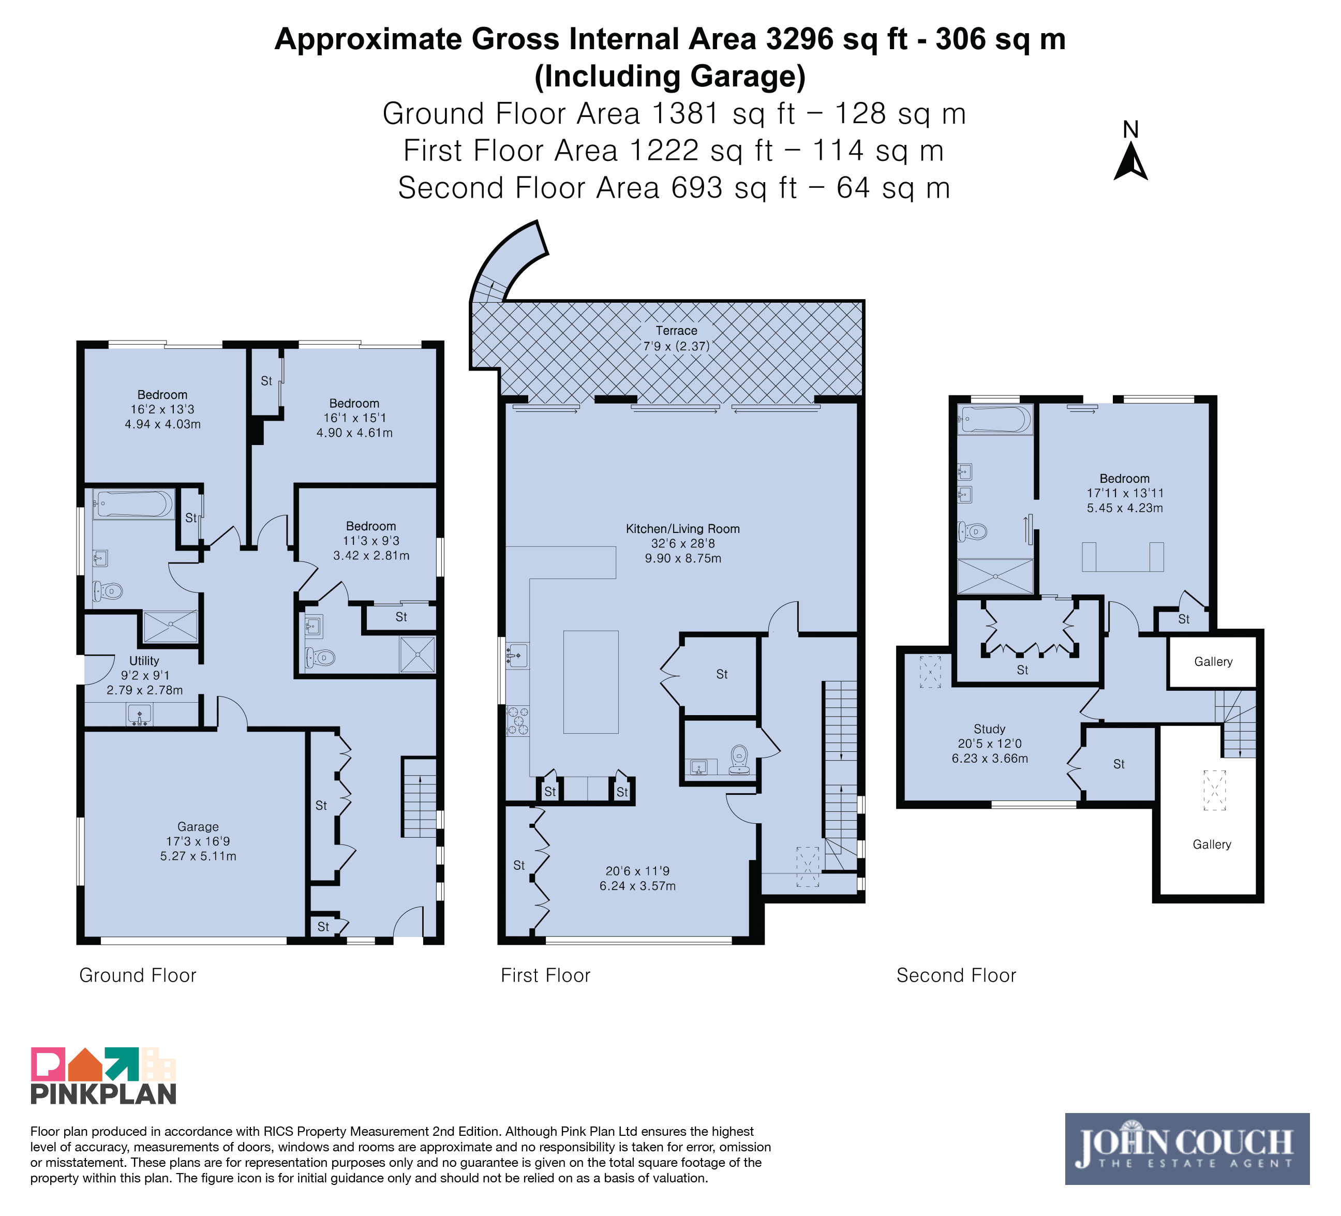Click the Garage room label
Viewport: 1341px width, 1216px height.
pyautogui.click(x=198, y=827)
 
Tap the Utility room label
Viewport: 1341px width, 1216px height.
pyautogui.click(x=144, y=661)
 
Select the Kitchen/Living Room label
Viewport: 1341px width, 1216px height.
pyautogui.click(x=682, y=529)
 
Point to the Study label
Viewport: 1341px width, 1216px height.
pyautogui.click(x=989, y=729)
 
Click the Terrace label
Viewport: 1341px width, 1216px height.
pyautogui.click(x=677, y=331)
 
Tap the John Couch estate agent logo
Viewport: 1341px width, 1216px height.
pyautogui.click(x=1187, y=1149)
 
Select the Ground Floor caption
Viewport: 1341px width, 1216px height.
pyautogui.click(x=138, y=975)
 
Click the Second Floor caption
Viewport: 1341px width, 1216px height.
pyautogui.click(x=956, y=975)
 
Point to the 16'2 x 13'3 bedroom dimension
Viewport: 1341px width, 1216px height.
pyautogui.click(x=162, y=409)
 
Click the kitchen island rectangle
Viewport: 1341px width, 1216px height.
pyautogui.click(x=591, y=682)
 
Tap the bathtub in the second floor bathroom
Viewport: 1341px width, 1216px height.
pyautogui.click(x=995, y=420)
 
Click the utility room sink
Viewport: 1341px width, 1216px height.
pyautogui.click(x=139, y=715)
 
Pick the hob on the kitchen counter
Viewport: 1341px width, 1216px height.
pyautogui.click(x=518, y=720)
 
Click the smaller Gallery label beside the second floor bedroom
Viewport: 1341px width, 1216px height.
pyautogui.click(x=1213, y=661)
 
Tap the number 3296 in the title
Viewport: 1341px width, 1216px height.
pyautogui.click(x=799, y=39)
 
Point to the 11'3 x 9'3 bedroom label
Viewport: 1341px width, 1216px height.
pyautogui.click(x=371, y=541)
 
